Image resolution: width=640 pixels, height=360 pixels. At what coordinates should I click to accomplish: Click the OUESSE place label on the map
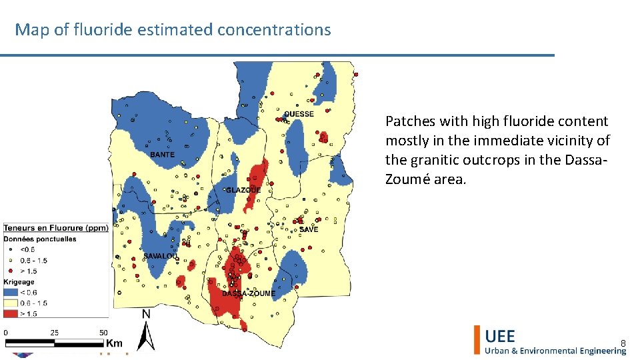click(299, 114)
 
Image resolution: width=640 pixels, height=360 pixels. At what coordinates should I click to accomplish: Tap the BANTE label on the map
click(163, 155)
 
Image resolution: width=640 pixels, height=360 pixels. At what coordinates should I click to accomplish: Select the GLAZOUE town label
click(243, 190)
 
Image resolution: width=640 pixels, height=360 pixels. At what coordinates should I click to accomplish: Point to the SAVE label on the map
click(309, 229)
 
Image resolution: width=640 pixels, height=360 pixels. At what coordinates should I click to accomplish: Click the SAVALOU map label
click(161, 256)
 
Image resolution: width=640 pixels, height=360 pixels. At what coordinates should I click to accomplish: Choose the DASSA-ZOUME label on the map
click(249, 293)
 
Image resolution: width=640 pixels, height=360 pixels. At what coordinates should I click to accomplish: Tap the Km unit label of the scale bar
click(114, 343)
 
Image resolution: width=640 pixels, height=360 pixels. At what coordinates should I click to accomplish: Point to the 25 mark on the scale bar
click(54, 333)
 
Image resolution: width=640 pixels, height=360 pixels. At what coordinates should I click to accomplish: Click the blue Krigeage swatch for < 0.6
click(11, 291)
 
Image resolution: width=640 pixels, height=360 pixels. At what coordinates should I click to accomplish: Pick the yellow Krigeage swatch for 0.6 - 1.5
click(11, 301)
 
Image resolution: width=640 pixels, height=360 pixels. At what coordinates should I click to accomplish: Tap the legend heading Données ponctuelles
click(40, 239)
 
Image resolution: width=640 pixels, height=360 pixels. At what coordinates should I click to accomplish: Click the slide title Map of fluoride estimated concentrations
click(173, 30)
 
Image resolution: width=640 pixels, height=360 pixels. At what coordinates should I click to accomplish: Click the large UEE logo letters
click(500, 336)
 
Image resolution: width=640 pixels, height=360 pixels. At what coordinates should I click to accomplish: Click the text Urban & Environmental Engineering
click(555, 351)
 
